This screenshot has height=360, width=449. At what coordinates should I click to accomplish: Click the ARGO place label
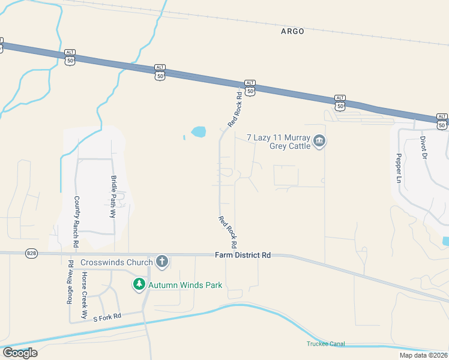coord(292,31)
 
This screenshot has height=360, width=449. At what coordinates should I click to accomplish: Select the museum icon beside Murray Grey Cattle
coord(319,142)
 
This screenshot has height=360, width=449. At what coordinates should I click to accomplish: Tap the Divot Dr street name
coord(423,147)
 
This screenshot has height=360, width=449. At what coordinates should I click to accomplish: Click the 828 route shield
coord(32,254)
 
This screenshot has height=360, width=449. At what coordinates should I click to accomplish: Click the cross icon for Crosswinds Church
coord(161,262)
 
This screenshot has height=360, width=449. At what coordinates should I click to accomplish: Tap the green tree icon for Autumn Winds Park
coord(139,284)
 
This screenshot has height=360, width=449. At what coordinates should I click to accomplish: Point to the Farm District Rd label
coord(243,255)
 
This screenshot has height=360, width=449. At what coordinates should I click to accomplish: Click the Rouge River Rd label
coord(70,282)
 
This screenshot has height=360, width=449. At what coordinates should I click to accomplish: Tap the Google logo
coord(19,352)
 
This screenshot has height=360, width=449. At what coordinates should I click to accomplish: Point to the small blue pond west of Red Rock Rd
coord(197,131)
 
